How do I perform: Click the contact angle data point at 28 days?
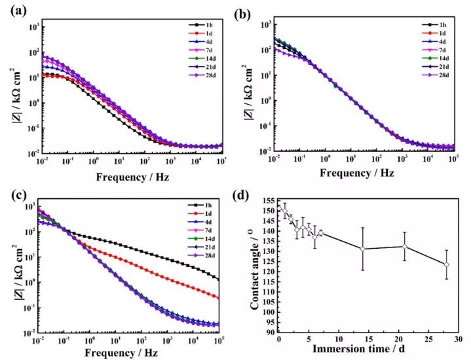(x=446, y=264)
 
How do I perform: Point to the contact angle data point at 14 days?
(x=362, y=249)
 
